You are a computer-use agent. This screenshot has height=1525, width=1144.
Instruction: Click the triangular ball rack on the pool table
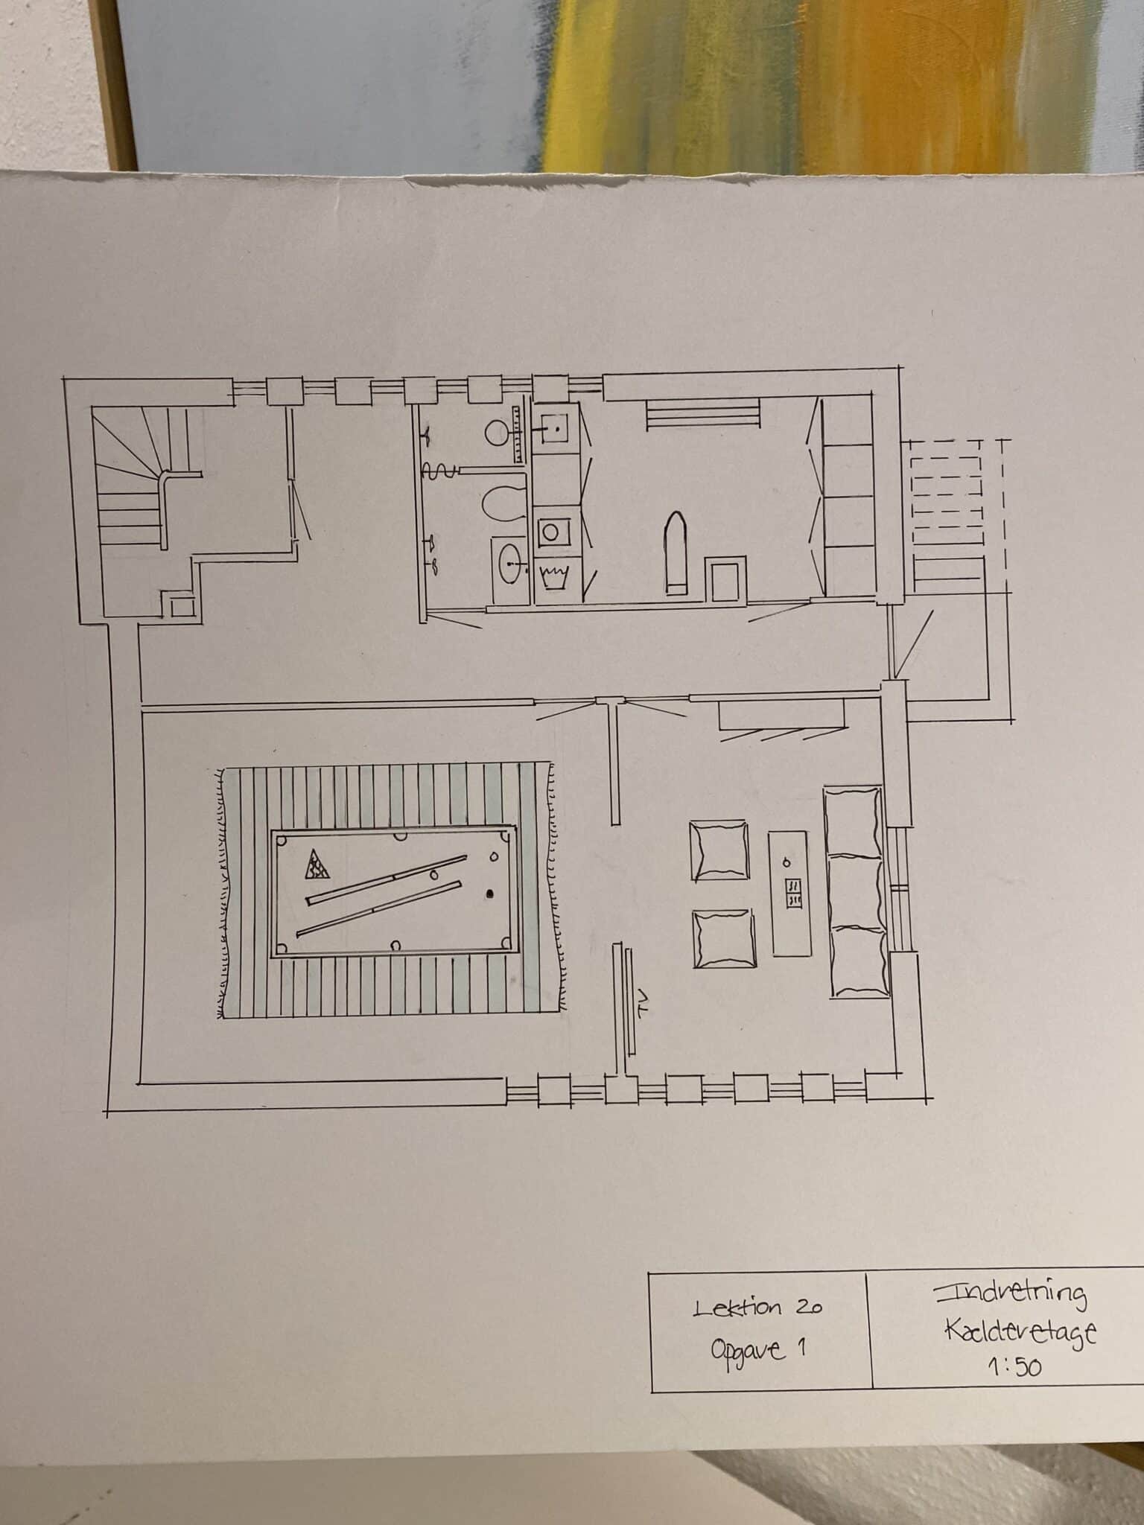317,865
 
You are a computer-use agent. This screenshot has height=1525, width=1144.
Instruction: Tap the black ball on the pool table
490,893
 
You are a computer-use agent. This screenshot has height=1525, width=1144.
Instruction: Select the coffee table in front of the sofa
789,893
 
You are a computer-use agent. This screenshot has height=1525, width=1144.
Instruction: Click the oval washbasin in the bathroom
511,562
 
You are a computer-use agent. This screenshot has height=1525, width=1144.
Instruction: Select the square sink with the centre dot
555,430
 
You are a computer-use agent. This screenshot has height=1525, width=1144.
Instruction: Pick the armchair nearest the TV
722,939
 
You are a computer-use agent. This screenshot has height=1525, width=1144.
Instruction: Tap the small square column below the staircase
181,607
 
